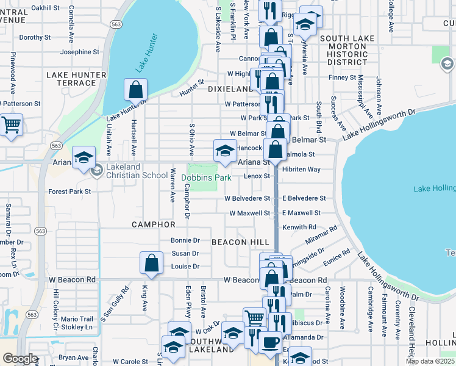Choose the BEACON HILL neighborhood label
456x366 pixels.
(240, 242)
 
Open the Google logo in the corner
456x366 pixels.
(20, 358)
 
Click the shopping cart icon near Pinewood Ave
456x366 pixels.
(11, 125)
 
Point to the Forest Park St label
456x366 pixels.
(69, 191)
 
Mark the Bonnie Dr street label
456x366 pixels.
(185, 240)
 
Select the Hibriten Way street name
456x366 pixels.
(302, 169)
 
